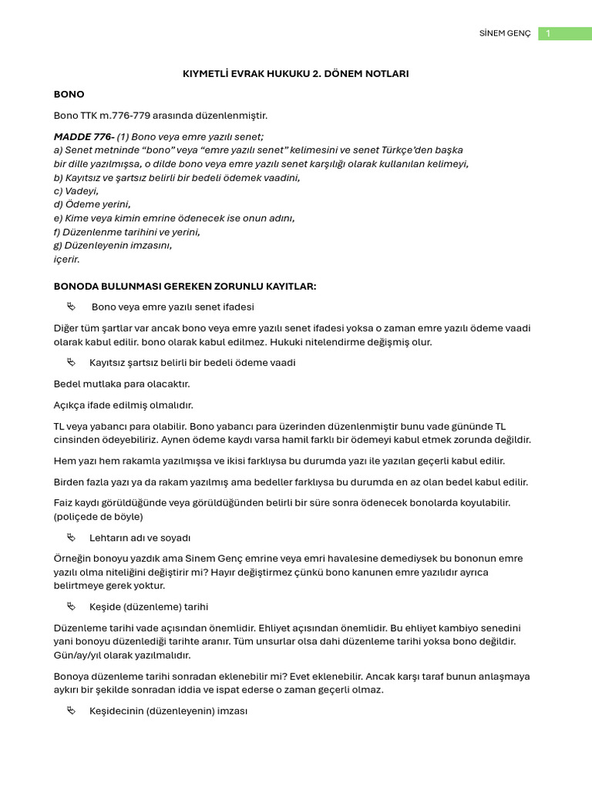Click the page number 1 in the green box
(548, 34)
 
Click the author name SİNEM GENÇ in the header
(505, 34)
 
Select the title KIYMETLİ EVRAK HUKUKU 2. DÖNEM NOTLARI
(295, 74)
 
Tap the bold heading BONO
(69, 95)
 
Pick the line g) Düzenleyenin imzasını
(113, 246)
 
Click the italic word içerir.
(67, 260)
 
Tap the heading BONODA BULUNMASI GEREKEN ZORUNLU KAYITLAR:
(185, 287)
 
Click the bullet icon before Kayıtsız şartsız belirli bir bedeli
(72, 362)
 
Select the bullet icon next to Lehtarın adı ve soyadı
(72, 537)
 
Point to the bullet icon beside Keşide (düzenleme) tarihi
(72, 606)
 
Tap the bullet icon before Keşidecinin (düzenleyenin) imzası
(72, 711)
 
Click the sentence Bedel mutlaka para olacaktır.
(122, 384)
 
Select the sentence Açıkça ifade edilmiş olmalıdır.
(123, 405)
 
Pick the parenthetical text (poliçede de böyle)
(99, 516)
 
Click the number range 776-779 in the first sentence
(131, 116)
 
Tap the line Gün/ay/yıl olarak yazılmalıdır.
(122, 655)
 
